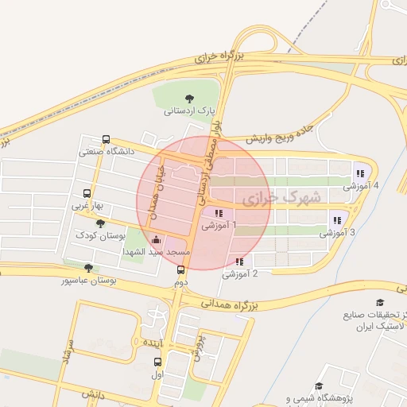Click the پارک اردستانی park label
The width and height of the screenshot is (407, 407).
pyautogui.click(x=191, y=110)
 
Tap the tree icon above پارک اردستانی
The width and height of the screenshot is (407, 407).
pyautogui.click(x=188, y=97)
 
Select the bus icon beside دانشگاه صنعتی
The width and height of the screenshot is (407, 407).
pyautogui.click(x=107, y=138)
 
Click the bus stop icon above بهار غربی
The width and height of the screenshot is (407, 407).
pyautogui.click(x=87, y=193)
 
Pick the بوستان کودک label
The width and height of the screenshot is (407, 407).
pyautogui.click(x=96, y=236)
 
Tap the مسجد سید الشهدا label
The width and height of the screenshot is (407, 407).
pyautogui.click(x=156, y=251)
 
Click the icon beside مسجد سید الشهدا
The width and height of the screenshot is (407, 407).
pyautogui.click(x=156, y=239)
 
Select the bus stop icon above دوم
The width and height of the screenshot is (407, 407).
pyautogui.click(x=181, y=269)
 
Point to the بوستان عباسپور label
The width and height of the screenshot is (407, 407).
pyautogui.click(x=90, y=281)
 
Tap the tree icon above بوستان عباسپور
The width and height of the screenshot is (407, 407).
pyautogui.click(x=87, y=268)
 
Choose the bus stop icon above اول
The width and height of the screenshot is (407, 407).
pyautogui.click(x=157, y=362)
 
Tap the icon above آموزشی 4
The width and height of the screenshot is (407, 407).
pyautogui.click(x=360, y=172)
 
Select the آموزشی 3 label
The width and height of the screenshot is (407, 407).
pyautogui.click(x=337, y=233)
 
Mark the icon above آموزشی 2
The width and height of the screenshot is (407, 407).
pyautogui.click(x=239, y=262)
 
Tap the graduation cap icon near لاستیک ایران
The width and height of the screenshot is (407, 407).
pyautogui.click(x=380, y=304)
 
